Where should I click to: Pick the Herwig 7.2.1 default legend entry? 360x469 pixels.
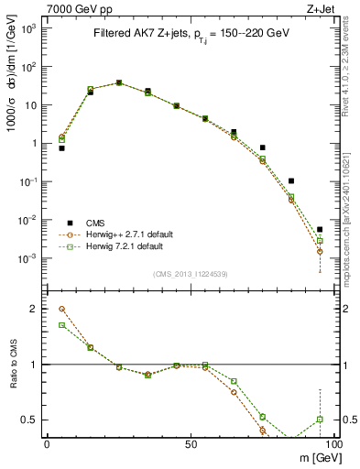(x=125, y=246)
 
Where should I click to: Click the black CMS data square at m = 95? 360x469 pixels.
(x=320, y=230)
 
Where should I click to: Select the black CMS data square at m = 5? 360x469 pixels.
(x=62, y=147)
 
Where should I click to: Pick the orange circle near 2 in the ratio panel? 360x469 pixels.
(x=62, y=309)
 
